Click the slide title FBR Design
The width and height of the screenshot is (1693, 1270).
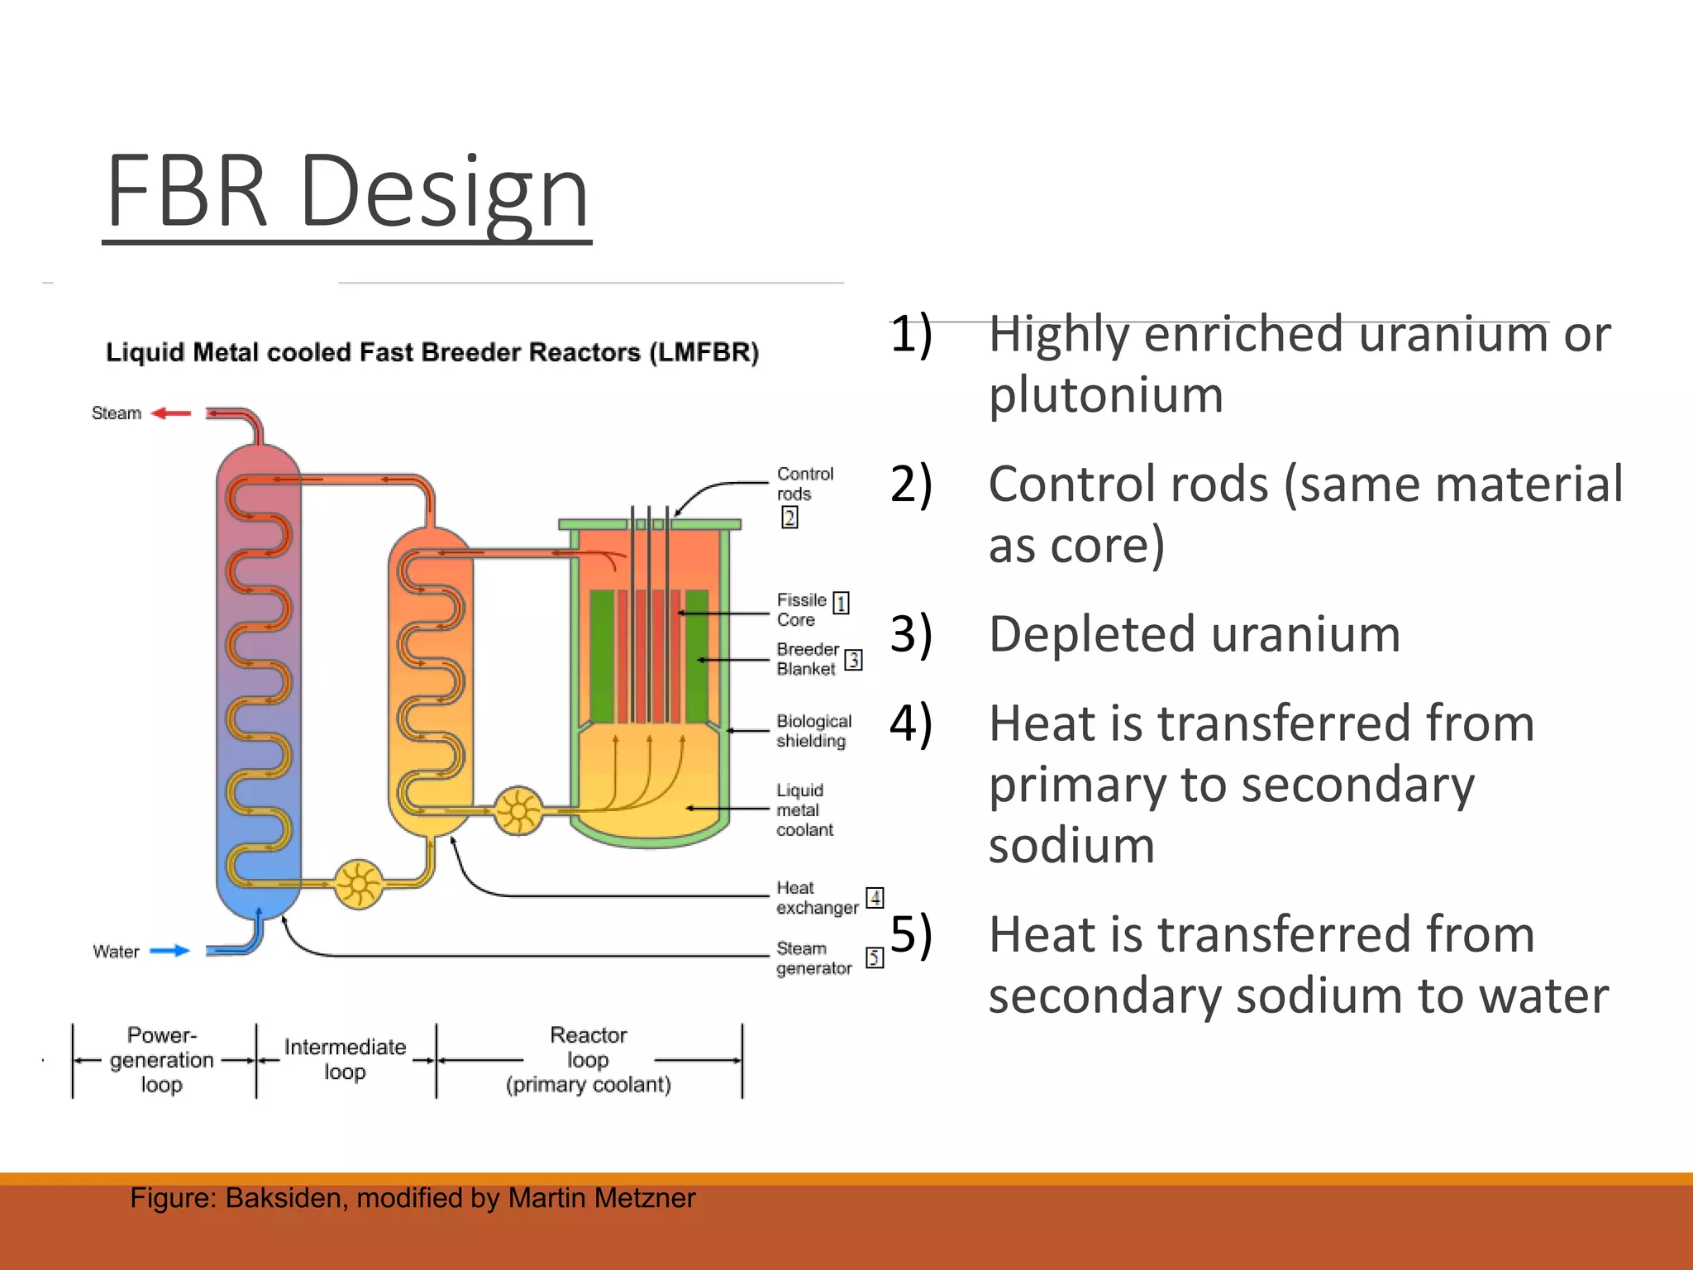tap(347, 192)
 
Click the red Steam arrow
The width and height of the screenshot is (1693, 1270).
tap(172, 413)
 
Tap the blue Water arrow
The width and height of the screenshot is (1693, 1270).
tap(169, 951)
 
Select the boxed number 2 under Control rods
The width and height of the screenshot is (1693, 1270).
tap(789, 518)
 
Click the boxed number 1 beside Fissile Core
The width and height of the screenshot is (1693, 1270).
tap(841, 603)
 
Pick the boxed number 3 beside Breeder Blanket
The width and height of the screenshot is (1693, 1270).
tap(853, 660)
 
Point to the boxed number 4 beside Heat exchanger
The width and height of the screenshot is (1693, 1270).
tap(875, 898)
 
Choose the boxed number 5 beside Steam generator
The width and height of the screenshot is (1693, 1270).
tap(875, 957)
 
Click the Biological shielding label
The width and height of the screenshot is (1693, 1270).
tap(813, 731)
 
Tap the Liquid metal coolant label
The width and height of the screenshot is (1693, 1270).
tap(804, 809)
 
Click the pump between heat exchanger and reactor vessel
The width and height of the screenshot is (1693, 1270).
tap(518, 809)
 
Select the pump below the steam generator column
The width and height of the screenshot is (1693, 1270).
tap(359, 885)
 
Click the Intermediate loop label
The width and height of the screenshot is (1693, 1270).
tap(345, 1059)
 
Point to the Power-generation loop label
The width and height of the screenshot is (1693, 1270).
tap(161, 1059)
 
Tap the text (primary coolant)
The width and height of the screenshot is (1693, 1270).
tap(588, 1085)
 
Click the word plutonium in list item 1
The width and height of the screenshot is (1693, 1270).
tap(1105, 395)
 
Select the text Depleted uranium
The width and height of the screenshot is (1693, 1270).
tap(1194, 634)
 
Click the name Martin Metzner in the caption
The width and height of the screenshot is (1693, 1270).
tap(602, 1198)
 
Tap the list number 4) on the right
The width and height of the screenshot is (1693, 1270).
tap(911, 723)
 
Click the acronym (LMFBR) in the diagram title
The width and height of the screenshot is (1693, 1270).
tap(703, 353)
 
